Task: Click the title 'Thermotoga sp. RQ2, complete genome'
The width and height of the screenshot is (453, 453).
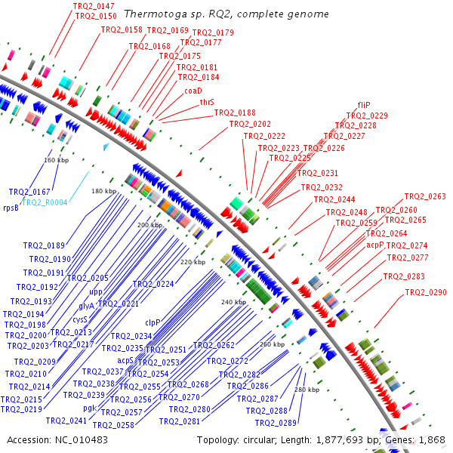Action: point(226,14)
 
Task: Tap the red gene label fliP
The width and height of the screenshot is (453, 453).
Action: point(364,105)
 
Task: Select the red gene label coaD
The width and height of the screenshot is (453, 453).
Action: point(193,90)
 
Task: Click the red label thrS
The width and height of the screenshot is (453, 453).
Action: point(207,101)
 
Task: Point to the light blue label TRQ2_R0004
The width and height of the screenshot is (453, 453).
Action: point(45,202)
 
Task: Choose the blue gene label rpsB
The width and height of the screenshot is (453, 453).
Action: point(11,208)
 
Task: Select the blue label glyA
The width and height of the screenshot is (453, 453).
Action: point(87,306)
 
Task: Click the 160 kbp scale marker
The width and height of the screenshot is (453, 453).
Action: point(56,160)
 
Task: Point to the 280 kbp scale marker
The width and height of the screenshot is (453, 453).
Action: point(307,390)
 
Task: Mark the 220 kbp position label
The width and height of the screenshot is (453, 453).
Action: point(193,262)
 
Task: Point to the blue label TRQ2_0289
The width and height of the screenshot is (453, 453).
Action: point(276,422)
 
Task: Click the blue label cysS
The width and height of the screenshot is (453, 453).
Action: point(81,319)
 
